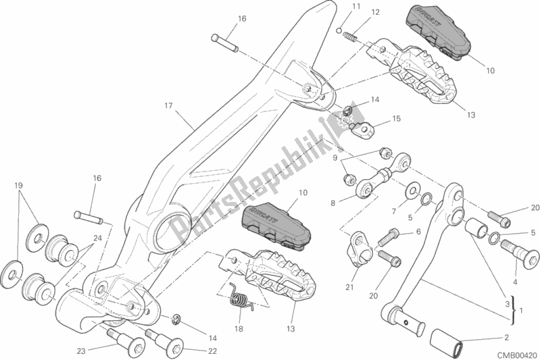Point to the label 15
[x=396, y=118]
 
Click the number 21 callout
[x=349, y=288]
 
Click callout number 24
[x=98, y=238]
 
